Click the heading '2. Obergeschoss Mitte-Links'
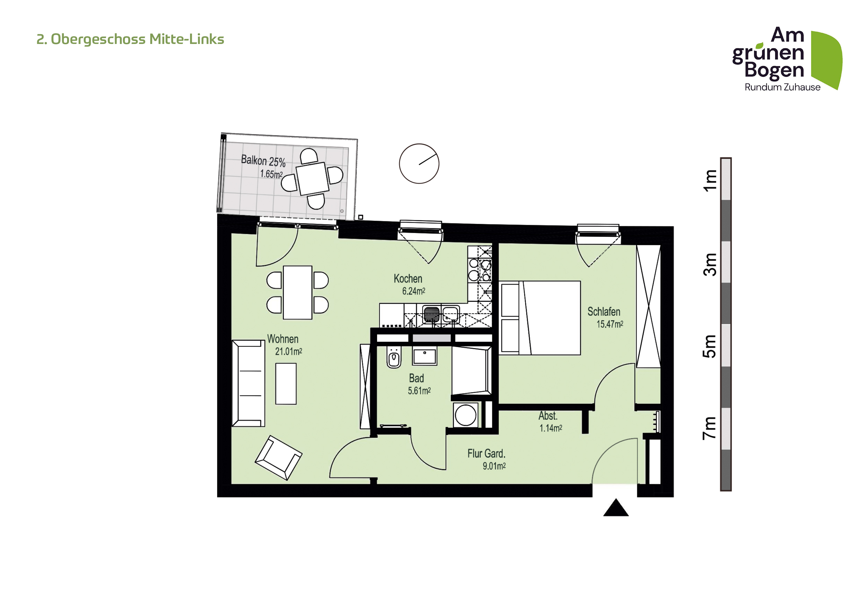point(130,39)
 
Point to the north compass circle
point(419,164)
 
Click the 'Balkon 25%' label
point(263,161)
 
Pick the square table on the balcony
point(312,179)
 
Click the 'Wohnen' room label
point(283,339)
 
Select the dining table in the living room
point(298,293)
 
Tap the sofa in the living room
point(248,383)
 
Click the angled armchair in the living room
point(279,458)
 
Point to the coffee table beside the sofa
point(286,384)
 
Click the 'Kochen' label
point(408,279)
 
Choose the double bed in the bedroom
point(540,318)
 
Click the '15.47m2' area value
point(610,324)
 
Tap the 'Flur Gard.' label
point(486,454)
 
